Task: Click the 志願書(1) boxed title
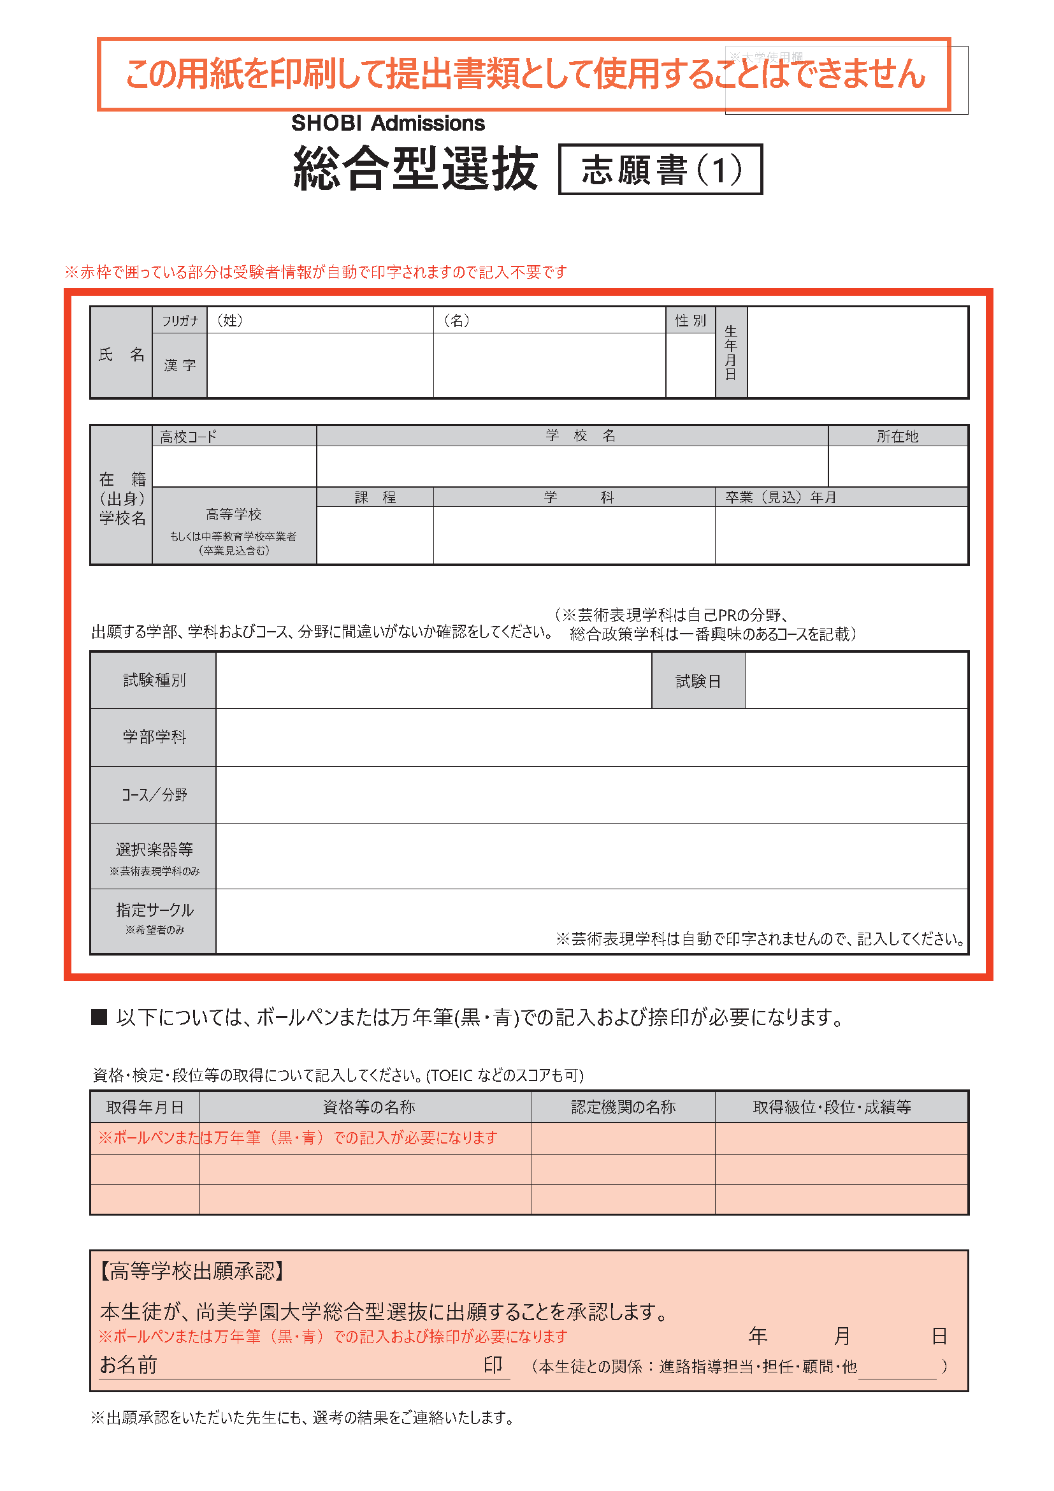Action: pos(660,170)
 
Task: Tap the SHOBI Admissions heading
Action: pos(387,124)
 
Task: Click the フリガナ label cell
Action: pos(180,321)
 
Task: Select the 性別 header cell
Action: pos(690,321)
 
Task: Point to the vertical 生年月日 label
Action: pos(731,352)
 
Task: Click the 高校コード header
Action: pos(188,437)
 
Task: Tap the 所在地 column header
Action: pos(897,437)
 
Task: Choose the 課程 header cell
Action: pos(375,497)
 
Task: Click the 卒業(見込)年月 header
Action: pos(780,497)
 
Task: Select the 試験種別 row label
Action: pos(154,680)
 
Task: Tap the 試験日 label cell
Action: pos(698,681)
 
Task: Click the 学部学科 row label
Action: pos(154,737)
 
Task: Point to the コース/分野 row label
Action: pos(154,795)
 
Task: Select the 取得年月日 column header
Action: pos(145,1107)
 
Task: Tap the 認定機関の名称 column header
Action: pos(623,1107)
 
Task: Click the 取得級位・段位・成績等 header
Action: pos(832,1107)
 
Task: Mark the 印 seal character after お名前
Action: pos(493,1364)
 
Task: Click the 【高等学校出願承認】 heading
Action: pos(192,1271)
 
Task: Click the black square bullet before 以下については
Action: pos(99,1017)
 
